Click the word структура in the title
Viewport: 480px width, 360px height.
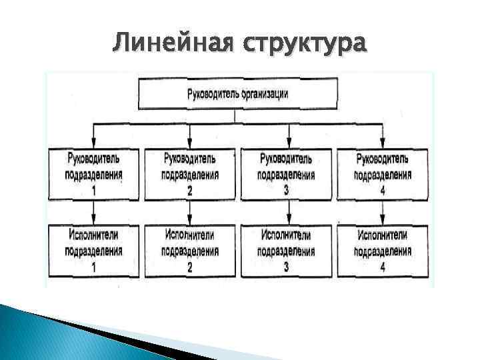tap(305, 45)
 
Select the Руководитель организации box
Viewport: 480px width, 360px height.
tap(237, 94)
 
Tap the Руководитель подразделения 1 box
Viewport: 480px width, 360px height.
tap(93, 174)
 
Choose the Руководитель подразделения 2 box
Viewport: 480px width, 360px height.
tap(190, 174)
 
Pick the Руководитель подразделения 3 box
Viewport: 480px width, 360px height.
tap(285, 174)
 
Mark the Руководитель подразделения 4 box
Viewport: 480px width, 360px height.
tap(383, 174)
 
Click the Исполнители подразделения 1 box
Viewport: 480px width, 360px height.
tap(93, 251)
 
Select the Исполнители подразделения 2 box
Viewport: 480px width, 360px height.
tap(190, 251)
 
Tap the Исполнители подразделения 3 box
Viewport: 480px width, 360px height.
tap(285, 251)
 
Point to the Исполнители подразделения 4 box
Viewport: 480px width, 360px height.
tap(383, 251)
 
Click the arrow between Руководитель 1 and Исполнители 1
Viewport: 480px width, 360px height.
tap(93, 213)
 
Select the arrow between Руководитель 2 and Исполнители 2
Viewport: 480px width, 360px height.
tap(190, 213)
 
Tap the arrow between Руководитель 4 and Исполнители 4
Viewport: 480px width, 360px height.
tap(383, 213)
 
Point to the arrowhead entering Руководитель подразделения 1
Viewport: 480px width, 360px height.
tap(93, 142)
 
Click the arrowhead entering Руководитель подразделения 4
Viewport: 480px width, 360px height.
tap(383, 142)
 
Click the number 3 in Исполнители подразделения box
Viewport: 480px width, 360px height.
tap(286, 267)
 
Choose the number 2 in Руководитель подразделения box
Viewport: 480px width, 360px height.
tap(190, 191)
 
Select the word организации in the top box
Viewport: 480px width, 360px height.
tap(264, 94)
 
